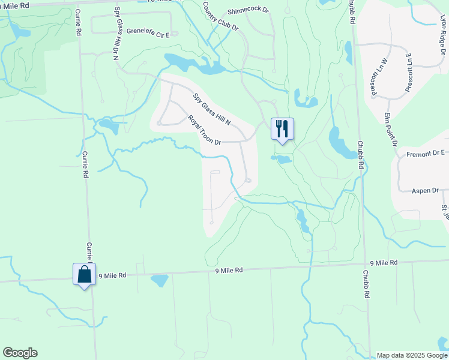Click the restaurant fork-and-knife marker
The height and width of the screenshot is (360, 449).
pyautogui.click(x=282, y=129)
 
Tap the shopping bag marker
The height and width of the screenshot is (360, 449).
pyautogui.click(x=84, y=275)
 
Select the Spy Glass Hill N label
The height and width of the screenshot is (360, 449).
pyautogui.click(x=212, y=109)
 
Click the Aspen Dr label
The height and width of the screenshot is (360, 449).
pyautogui.click(x=426, y=190)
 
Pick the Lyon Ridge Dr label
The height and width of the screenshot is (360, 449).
pyautogui.click(x=443, y=34)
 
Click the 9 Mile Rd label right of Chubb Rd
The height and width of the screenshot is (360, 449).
pyautogui.click(x=384, y=263)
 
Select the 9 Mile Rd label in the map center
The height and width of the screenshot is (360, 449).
pyautogui.click(x=229, y=271)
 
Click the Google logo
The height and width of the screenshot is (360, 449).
pyautogui.click(x=20, y=353)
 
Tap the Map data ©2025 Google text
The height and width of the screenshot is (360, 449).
pyautogui.click(x=411, y=355)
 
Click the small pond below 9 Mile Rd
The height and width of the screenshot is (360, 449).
pyautogui.click(x=159, y=280)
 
